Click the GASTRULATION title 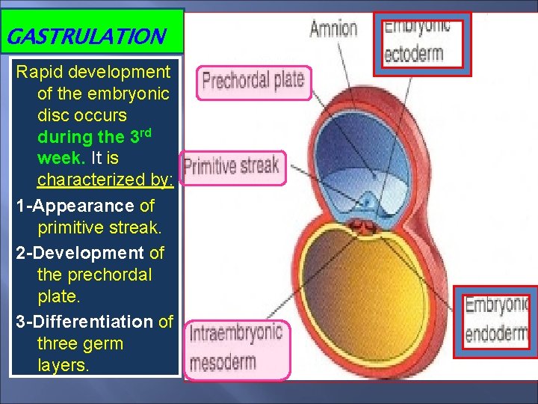[84, 36]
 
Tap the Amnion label [333, 28]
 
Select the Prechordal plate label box [253, 82]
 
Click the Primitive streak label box [232, 166]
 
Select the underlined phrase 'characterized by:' [105, 180]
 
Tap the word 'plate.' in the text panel [57, 297]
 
